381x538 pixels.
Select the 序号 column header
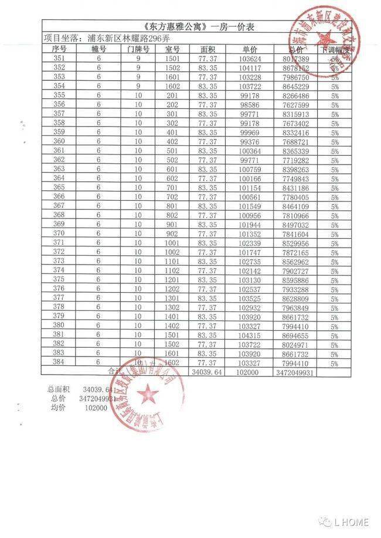59,49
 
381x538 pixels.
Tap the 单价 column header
249,49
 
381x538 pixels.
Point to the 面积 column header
207,49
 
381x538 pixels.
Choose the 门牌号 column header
138,49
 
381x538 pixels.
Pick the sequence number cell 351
59,59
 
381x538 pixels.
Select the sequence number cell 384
59,363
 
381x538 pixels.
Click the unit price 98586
249,104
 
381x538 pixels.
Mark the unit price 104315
249,335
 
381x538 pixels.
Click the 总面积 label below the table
59,389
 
